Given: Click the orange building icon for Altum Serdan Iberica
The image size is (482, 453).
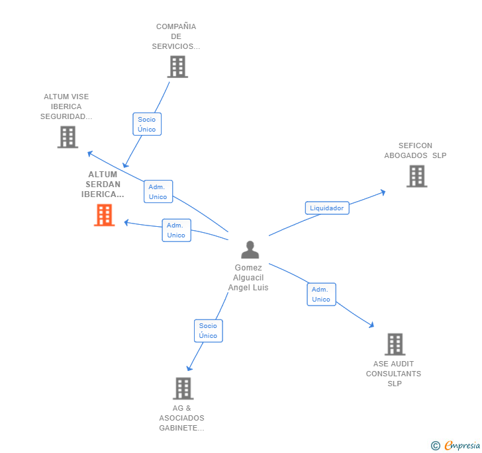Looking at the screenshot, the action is point(104,215).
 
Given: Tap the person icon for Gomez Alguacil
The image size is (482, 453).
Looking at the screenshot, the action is point(250,249).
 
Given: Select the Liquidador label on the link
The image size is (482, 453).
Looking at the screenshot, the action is point(326,208).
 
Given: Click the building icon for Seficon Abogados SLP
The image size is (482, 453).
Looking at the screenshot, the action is point(416,177).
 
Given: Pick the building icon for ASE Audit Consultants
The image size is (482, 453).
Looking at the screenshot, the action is point(395,344).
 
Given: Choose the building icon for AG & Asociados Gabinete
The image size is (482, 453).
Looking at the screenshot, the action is point(183,388).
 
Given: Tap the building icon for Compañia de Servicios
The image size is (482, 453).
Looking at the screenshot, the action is point(177,67).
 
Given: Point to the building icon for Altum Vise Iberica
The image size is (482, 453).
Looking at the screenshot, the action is point(68,137).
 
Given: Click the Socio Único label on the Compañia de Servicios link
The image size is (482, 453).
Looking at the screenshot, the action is point(147,124).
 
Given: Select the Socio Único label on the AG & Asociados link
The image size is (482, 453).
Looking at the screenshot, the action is point(208,331).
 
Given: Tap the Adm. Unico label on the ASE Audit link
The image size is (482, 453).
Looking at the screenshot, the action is point(321,294).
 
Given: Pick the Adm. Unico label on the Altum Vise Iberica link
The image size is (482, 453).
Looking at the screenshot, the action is point(158,192).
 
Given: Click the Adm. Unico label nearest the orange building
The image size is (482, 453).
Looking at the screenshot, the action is point(176,230).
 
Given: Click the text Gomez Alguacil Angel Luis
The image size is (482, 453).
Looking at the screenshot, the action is point(248,278).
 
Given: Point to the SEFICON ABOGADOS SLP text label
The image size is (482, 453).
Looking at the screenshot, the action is point(415,151).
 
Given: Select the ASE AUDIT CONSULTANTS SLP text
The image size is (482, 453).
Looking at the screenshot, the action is point(394,374).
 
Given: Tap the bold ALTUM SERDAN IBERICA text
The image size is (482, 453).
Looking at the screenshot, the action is point(103,185).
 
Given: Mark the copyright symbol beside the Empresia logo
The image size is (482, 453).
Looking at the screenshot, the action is point(436,446).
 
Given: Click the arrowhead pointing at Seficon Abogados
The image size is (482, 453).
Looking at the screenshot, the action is point(383,192).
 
